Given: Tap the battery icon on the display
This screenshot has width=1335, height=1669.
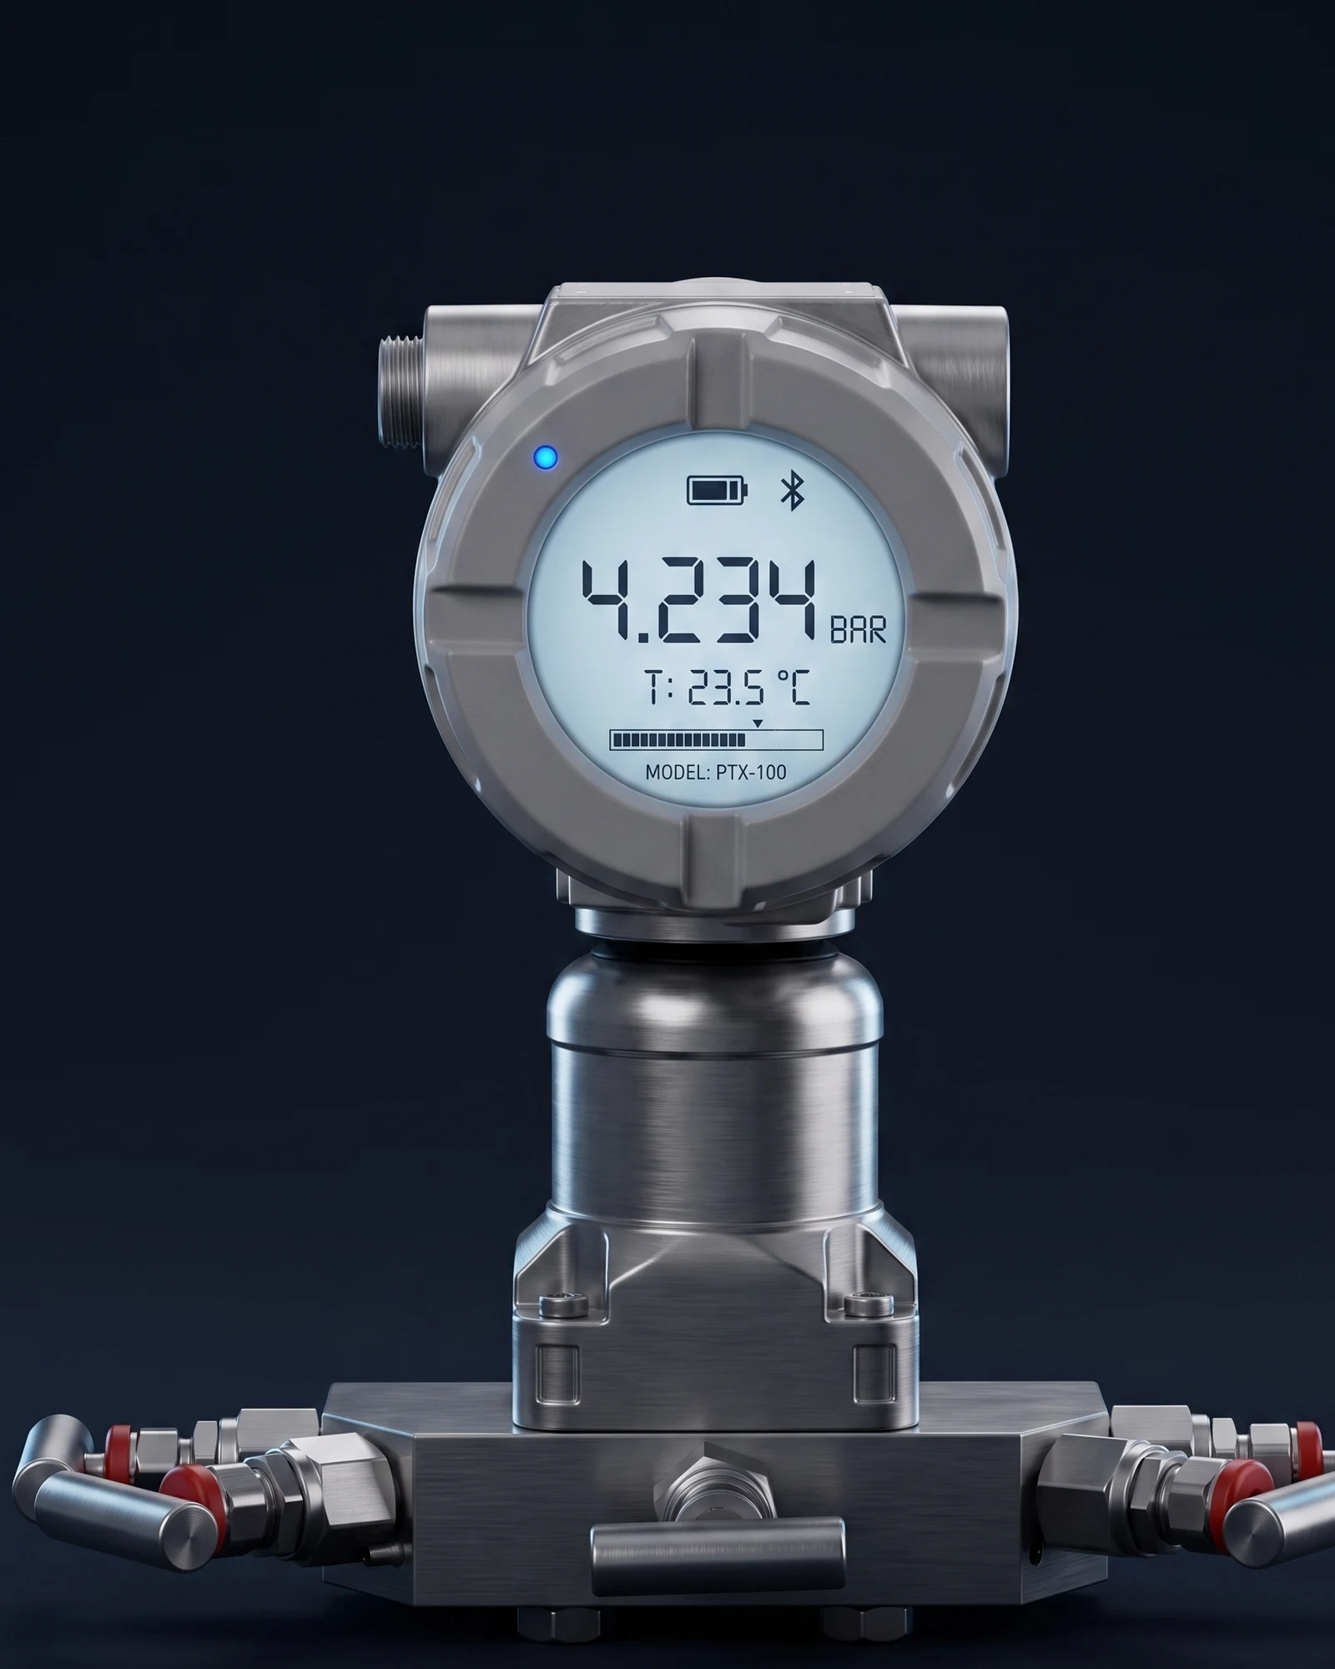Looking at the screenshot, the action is (x=718, y=491).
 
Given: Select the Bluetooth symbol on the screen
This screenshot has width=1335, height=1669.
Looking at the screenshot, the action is (x=792, y=490).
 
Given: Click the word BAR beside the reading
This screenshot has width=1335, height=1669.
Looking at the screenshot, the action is (x=858, y=631).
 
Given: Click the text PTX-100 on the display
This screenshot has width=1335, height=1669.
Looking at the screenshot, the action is (x=751, y=772).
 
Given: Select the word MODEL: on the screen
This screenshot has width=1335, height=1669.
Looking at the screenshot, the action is (x=678, y=772).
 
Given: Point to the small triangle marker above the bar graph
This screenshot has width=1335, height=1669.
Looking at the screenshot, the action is (x=757, y=723).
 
